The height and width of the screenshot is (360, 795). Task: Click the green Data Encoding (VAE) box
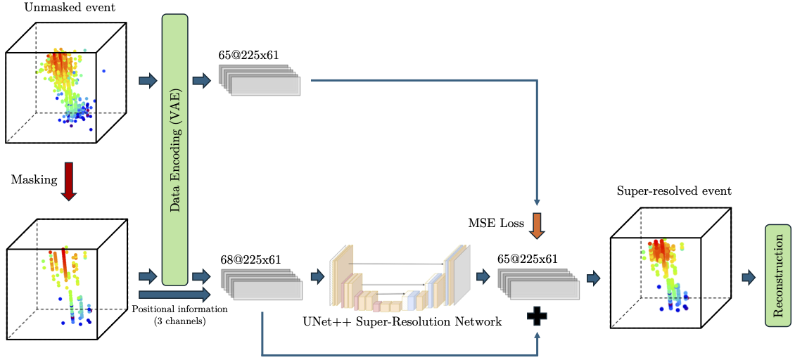pos(175,150)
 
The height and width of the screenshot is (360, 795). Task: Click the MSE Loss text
pos(496,224)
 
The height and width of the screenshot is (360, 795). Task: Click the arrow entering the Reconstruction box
pos(749,277)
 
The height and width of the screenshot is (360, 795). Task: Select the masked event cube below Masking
pos(66,281)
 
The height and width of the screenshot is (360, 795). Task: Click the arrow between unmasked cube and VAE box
pos(148,81)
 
